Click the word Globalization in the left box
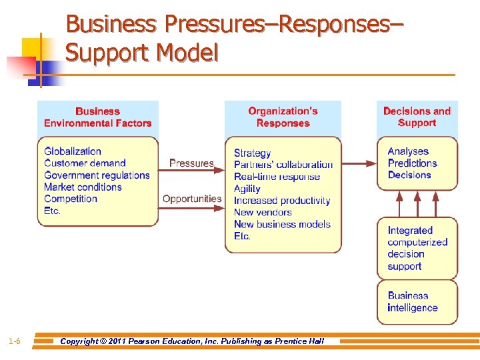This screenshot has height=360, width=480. click(x=73, y=151)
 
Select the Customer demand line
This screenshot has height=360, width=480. click(x=85, y=163)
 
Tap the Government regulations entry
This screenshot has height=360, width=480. click(x=97, y=175)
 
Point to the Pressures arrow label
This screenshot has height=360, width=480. click(x=191, y=163)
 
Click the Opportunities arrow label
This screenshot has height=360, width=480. click(x=192, y=199)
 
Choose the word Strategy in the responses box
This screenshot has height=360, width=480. click(x=252, y=153)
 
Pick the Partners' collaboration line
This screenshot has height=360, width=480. click(x=283, y=165)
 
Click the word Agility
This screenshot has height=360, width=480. click(x=247, y=189)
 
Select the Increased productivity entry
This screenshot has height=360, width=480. click(x=282, y=201)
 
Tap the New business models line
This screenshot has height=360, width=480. click(x=282, y=225)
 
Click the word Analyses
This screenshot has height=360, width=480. click(x=408, y=151)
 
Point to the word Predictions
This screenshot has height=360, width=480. click(x=413, y=163)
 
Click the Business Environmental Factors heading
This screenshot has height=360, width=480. click(x=97, y=117)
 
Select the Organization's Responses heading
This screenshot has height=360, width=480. click(x=283, y=117)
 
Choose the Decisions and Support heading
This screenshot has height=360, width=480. click(x=417, y=117)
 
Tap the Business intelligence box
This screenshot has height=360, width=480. click(x=417, y=301)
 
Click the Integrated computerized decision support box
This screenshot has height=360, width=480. click(x=417, y=248)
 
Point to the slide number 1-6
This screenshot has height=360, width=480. click(x=15, y=342)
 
